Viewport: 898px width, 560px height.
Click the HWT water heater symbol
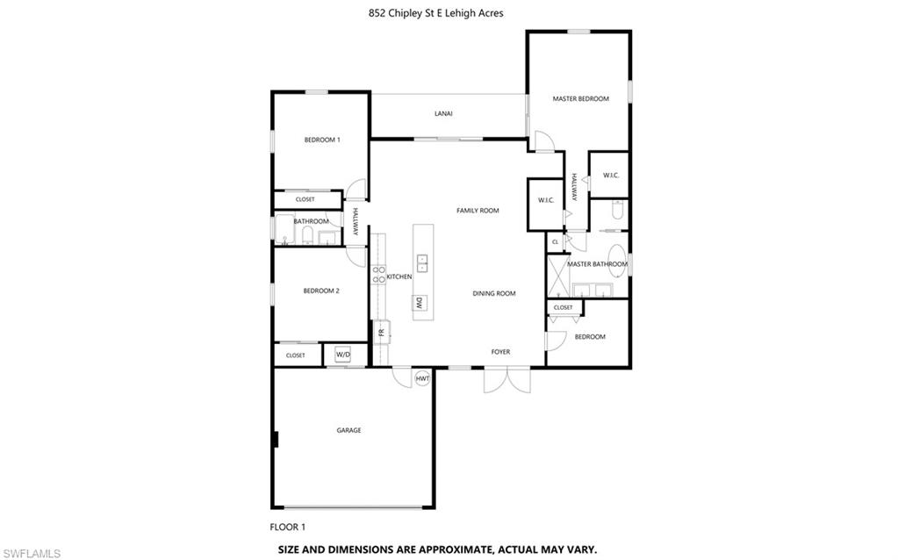(422, 378)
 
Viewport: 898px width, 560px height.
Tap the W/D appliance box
(343, 355)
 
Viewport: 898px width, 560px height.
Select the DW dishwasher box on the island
(420, 304)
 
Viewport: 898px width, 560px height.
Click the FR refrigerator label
(381, 333)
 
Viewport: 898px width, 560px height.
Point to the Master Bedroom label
(580, 99)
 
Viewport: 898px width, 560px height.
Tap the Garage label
(348, 430)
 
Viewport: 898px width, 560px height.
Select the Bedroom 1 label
(321, 140)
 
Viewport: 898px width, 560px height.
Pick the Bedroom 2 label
(321, 291)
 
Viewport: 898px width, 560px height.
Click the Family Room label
(478, 211)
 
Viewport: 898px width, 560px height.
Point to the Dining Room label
(493, 294)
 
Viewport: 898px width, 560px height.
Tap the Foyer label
(499, 352)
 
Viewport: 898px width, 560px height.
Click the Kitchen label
(399, 277)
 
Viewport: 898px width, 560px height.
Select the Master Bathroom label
(597, 264)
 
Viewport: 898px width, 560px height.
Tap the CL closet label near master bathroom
(555, 241)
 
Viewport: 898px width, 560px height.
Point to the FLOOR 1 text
(287, 528)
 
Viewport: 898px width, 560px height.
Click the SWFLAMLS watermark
(31, 553)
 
